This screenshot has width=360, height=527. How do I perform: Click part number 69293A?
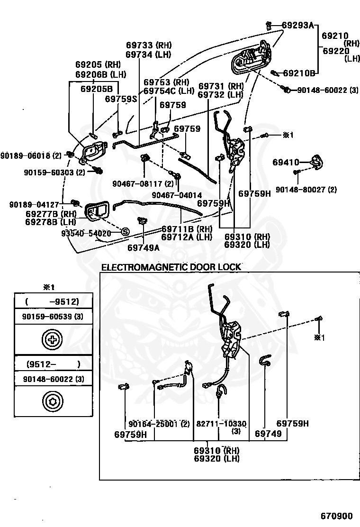pos(297,25)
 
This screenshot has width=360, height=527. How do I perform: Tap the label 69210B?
pos(299,73)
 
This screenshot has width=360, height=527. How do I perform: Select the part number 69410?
pos(286,163)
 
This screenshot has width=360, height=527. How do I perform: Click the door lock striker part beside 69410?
pos(316,162)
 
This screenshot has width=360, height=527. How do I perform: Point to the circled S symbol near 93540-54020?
pos(125,232)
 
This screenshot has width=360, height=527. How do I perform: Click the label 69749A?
pos(144,248)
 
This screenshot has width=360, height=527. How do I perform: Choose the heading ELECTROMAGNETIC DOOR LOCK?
pos(171,267)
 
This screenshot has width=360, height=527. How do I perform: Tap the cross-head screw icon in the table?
pos(52,339)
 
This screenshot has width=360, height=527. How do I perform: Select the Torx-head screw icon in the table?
pos(53,401)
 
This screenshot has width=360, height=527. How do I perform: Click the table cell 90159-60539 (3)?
pos(53,316)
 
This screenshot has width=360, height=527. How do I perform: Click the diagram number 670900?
pos(336,516)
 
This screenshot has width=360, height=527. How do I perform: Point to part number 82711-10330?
pos(221,424)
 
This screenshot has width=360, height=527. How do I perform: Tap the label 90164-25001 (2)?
pos(159,424)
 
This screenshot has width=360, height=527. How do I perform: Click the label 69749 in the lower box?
pos(268,434)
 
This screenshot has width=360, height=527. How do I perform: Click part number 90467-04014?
pos(177,195)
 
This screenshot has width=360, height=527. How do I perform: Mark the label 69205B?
pos(97,89)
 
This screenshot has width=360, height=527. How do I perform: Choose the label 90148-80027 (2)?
pos(306,190)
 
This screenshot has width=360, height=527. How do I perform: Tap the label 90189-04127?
pos(34,204)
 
